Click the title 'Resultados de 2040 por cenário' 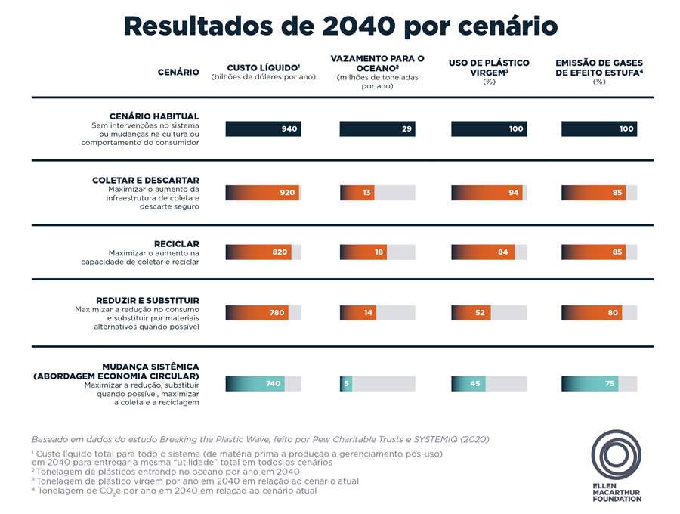point(340,26)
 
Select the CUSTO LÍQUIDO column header point(263,67)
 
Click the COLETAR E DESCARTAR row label point(146,180)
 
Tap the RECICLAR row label point(176,243)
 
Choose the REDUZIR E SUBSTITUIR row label point(148,299)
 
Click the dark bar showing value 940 point(263,129)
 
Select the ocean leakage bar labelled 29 point(377,129)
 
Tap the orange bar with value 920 point(262,193)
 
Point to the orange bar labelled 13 point(357,193)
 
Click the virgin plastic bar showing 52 point(471,312)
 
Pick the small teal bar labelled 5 point(346,383)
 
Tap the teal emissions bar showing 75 point(590,383)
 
